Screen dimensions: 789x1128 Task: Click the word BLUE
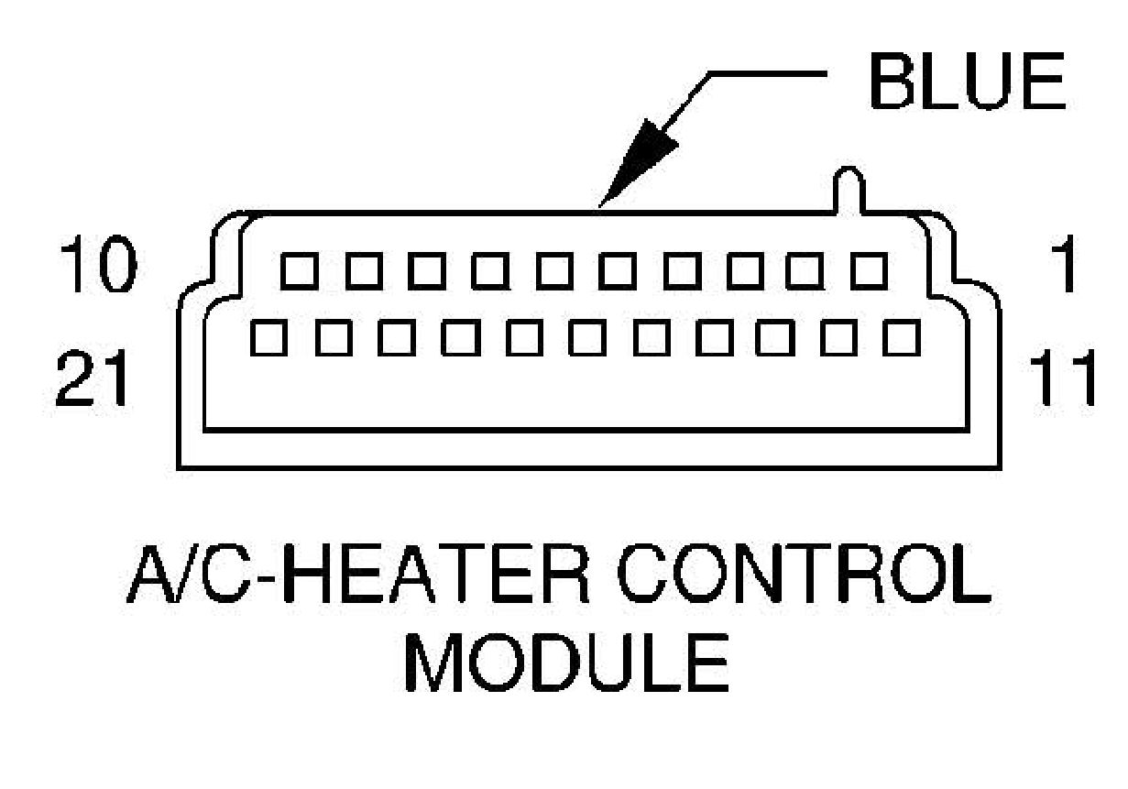pos(967,82)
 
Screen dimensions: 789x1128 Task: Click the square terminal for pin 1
pos(869,270)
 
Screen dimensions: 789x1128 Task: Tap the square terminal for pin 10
pos(296,270)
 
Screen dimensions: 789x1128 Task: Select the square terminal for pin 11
pos(903,338)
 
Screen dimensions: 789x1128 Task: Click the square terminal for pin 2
pos(805,270)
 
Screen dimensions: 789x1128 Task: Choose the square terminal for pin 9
pos(360,270)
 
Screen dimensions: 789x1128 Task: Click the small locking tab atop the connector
pos(849,188)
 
